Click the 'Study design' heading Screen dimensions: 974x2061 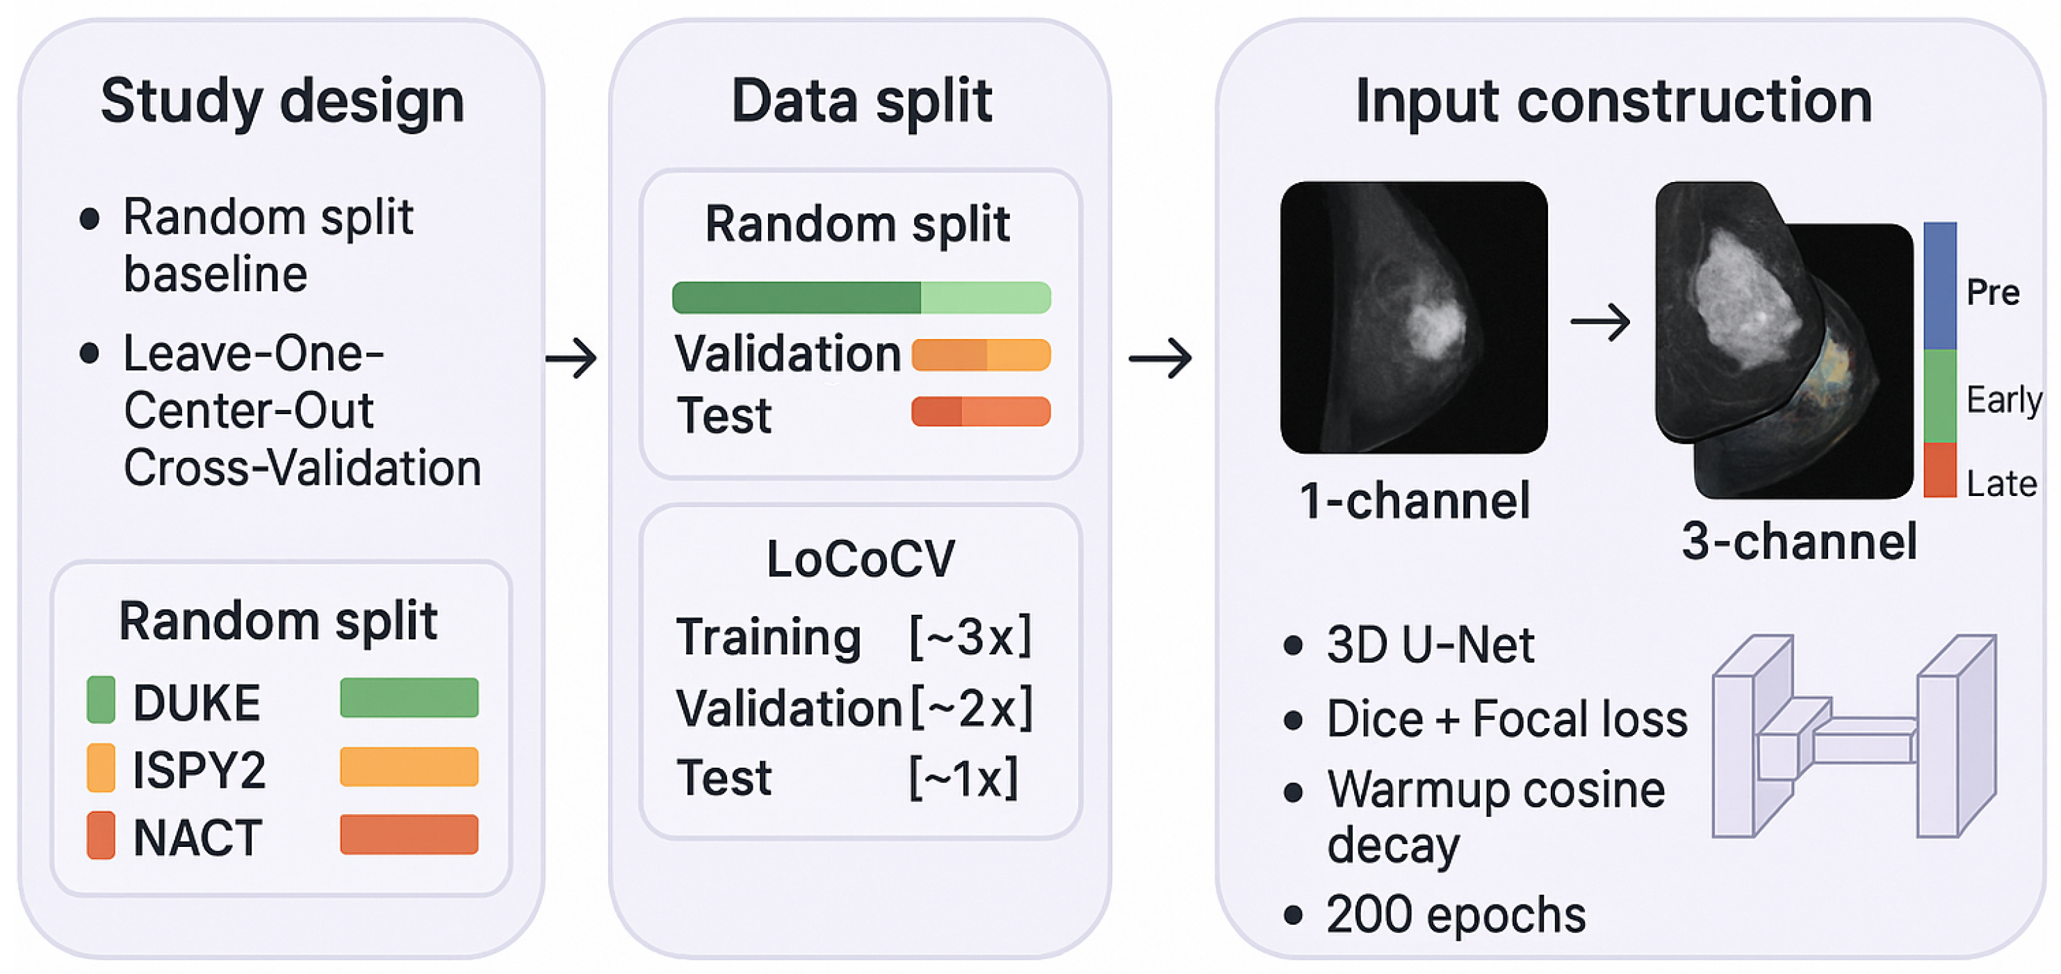[x=282, y=101]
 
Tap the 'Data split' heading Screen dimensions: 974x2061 [x=862, y=101]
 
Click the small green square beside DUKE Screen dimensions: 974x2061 [x=101, y=700]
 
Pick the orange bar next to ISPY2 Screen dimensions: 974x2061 [x=409, y=766]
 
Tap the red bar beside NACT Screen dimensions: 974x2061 [x=409, y=834]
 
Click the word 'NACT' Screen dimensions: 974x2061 [x=197, y=838]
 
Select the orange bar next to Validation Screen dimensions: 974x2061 [x=980, y=355]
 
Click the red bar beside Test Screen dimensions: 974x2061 [x=980, y=412]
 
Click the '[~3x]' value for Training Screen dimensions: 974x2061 [x=970, y=636]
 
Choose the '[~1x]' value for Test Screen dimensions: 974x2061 [x=963, y=777]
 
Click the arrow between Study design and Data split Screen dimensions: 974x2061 [x=571, y=358]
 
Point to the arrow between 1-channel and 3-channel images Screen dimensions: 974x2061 [x=1600, y=322]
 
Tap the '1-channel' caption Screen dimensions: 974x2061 [x=1415, y=502]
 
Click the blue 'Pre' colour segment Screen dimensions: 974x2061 [x=1939, y=286]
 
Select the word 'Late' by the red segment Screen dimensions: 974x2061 [x=2001, y=484]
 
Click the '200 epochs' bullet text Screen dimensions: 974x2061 [x=1456, y=914]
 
